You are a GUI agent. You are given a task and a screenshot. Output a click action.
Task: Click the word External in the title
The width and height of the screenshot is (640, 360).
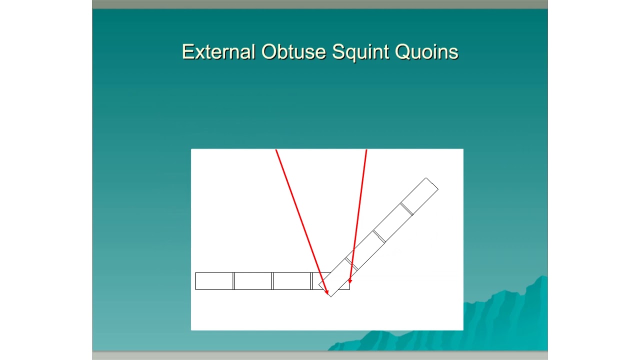click(218, 52)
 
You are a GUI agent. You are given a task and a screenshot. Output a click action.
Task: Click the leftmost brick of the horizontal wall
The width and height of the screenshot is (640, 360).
click(214, 281)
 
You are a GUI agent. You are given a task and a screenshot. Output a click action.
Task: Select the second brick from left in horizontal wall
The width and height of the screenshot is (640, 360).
click(253, 281)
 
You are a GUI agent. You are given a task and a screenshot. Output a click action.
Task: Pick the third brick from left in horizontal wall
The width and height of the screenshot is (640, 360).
click(292, 281)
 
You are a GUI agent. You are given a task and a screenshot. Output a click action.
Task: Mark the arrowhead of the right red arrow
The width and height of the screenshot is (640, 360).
click(350, 281)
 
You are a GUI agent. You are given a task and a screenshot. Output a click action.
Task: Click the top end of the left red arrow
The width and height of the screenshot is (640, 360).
click(276, 150)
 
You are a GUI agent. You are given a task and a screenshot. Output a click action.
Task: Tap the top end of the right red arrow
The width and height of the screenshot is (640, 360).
click(366, 150)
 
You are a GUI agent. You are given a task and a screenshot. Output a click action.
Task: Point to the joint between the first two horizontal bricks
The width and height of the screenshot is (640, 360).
click(233, 281)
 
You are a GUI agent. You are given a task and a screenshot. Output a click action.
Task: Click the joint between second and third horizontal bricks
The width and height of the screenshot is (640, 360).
click(272, 281)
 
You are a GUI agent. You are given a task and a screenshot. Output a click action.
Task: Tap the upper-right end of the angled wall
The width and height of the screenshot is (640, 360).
click(432, 183)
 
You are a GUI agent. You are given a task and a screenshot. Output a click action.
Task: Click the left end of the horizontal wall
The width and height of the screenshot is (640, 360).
click(195, 281)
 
